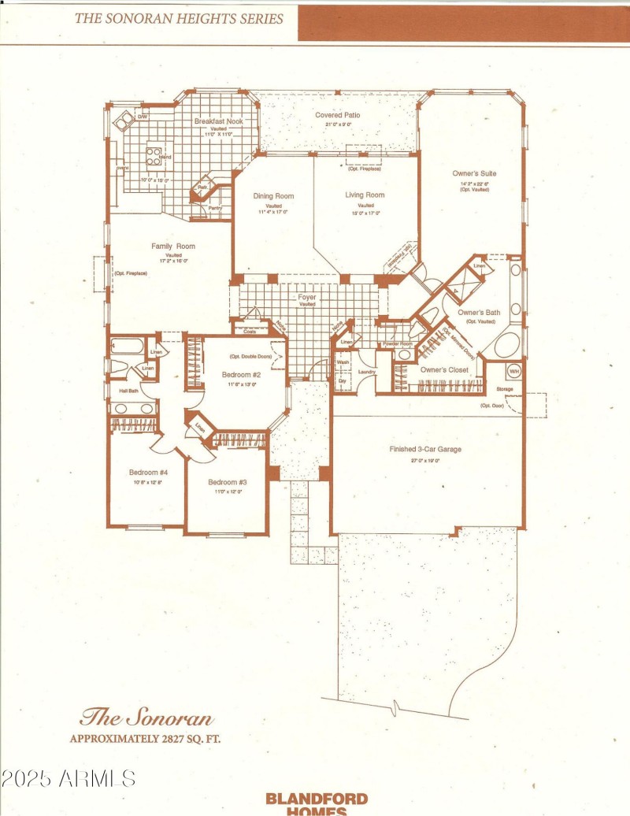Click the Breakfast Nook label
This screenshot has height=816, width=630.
[218, 121]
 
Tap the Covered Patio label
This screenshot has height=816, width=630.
[338, 115]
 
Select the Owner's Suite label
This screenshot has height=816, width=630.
[474, 173]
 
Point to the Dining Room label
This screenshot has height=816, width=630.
[273, 196]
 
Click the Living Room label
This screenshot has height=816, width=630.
[365, 195]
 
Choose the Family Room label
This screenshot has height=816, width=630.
[173, 247]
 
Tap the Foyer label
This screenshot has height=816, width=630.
[307, 297]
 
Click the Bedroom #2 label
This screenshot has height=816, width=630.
[241, 374]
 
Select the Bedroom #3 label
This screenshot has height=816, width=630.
[228, 482]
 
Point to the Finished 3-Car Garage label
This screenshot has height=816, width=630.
[425, 449]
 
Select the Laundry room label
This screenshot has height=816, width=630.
[366, 371]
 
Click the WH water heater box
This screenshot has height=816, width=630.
[514, 370]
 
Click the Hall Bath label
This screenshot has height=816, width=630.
[128, 391]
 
